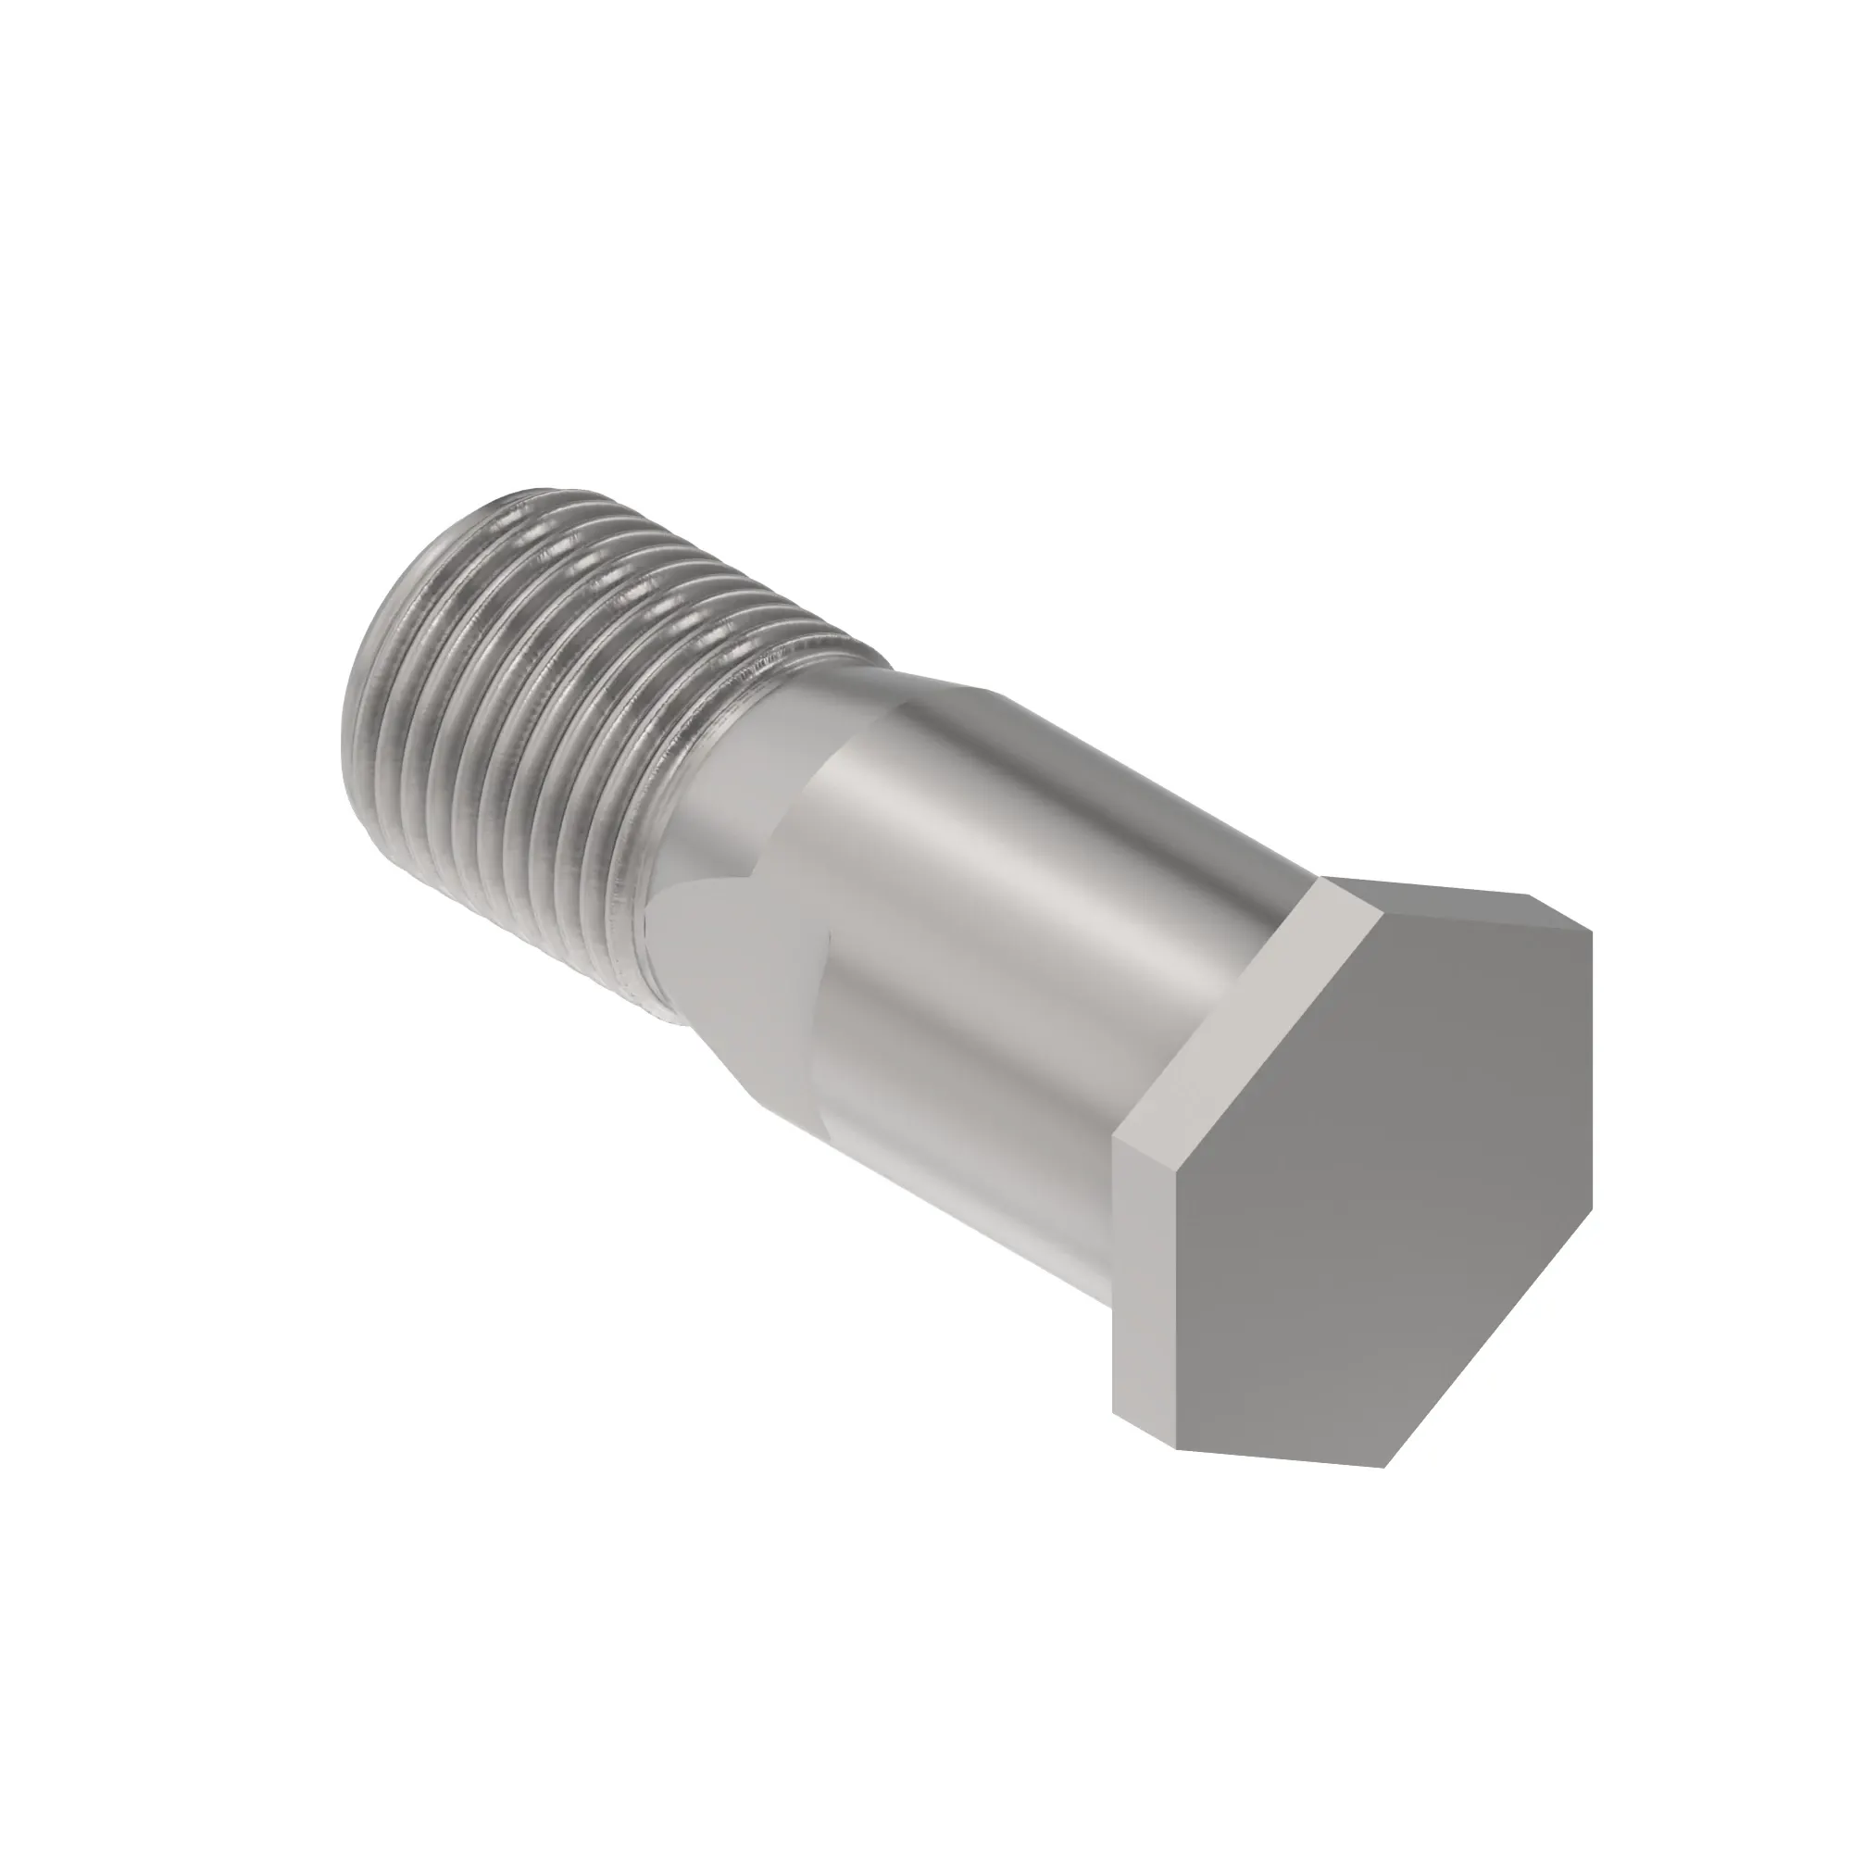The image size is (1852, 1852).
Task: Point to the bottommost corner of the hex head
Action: (1383, 1467)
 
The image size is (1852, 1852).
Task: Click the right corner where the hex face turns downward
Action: (1592, 932)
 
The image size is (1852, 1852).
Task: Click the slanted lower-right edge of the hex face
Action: (1491, 1342)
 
